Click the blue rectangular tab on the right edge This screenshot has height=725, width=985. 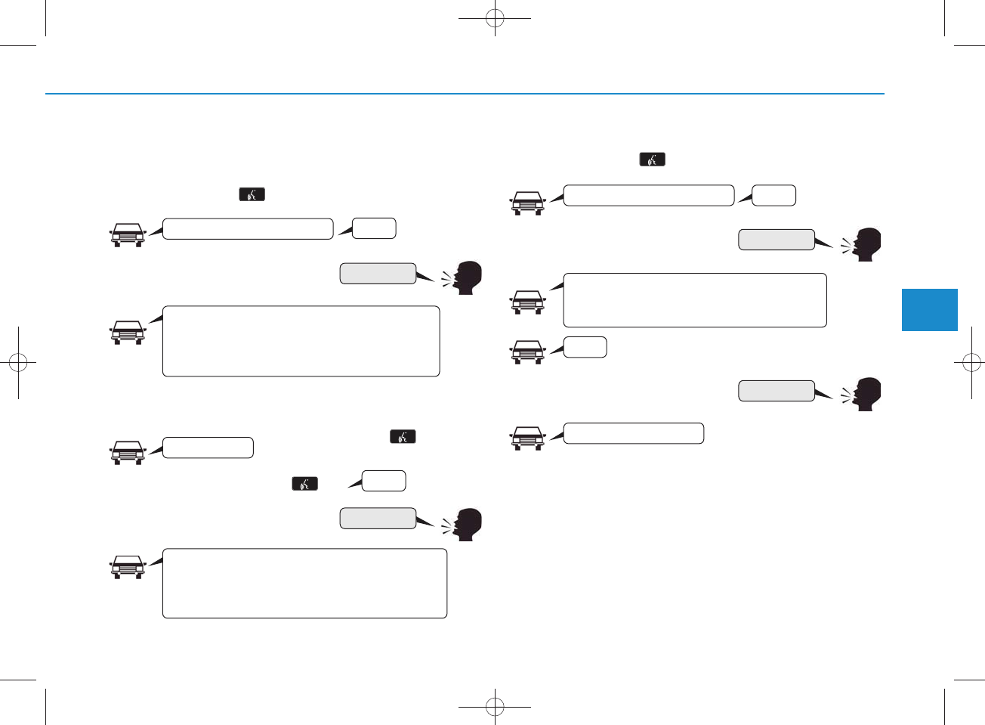929,309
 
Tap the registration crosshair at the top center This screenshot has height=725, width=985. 495,18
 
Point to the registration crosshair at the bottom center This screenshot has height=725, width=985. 495,707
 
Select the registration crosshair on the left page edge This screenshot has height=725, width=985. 18,363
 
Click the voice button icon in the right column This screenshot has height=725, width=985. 652,160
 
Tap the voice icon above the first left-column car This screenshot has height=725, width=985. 252,194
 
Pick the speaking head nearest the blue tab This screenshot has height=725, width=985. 863,244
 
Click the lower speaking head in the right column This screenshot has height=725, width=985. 863,394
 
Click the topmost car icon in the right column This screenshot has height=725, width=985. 527,203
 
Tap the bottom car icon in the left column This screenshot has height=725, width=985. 128,567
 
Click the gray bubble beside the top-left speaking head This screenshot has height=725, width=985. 378,273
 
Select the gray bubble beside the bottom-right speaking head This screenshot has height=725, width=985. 776,390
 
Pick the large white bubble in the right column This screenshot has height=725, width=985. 695,300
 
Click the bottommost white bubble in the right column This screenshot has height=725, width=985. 633,433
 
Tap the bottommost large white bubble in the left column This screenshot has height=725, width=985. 304,583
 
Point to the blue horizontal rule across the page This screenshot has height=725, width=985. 465,94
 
